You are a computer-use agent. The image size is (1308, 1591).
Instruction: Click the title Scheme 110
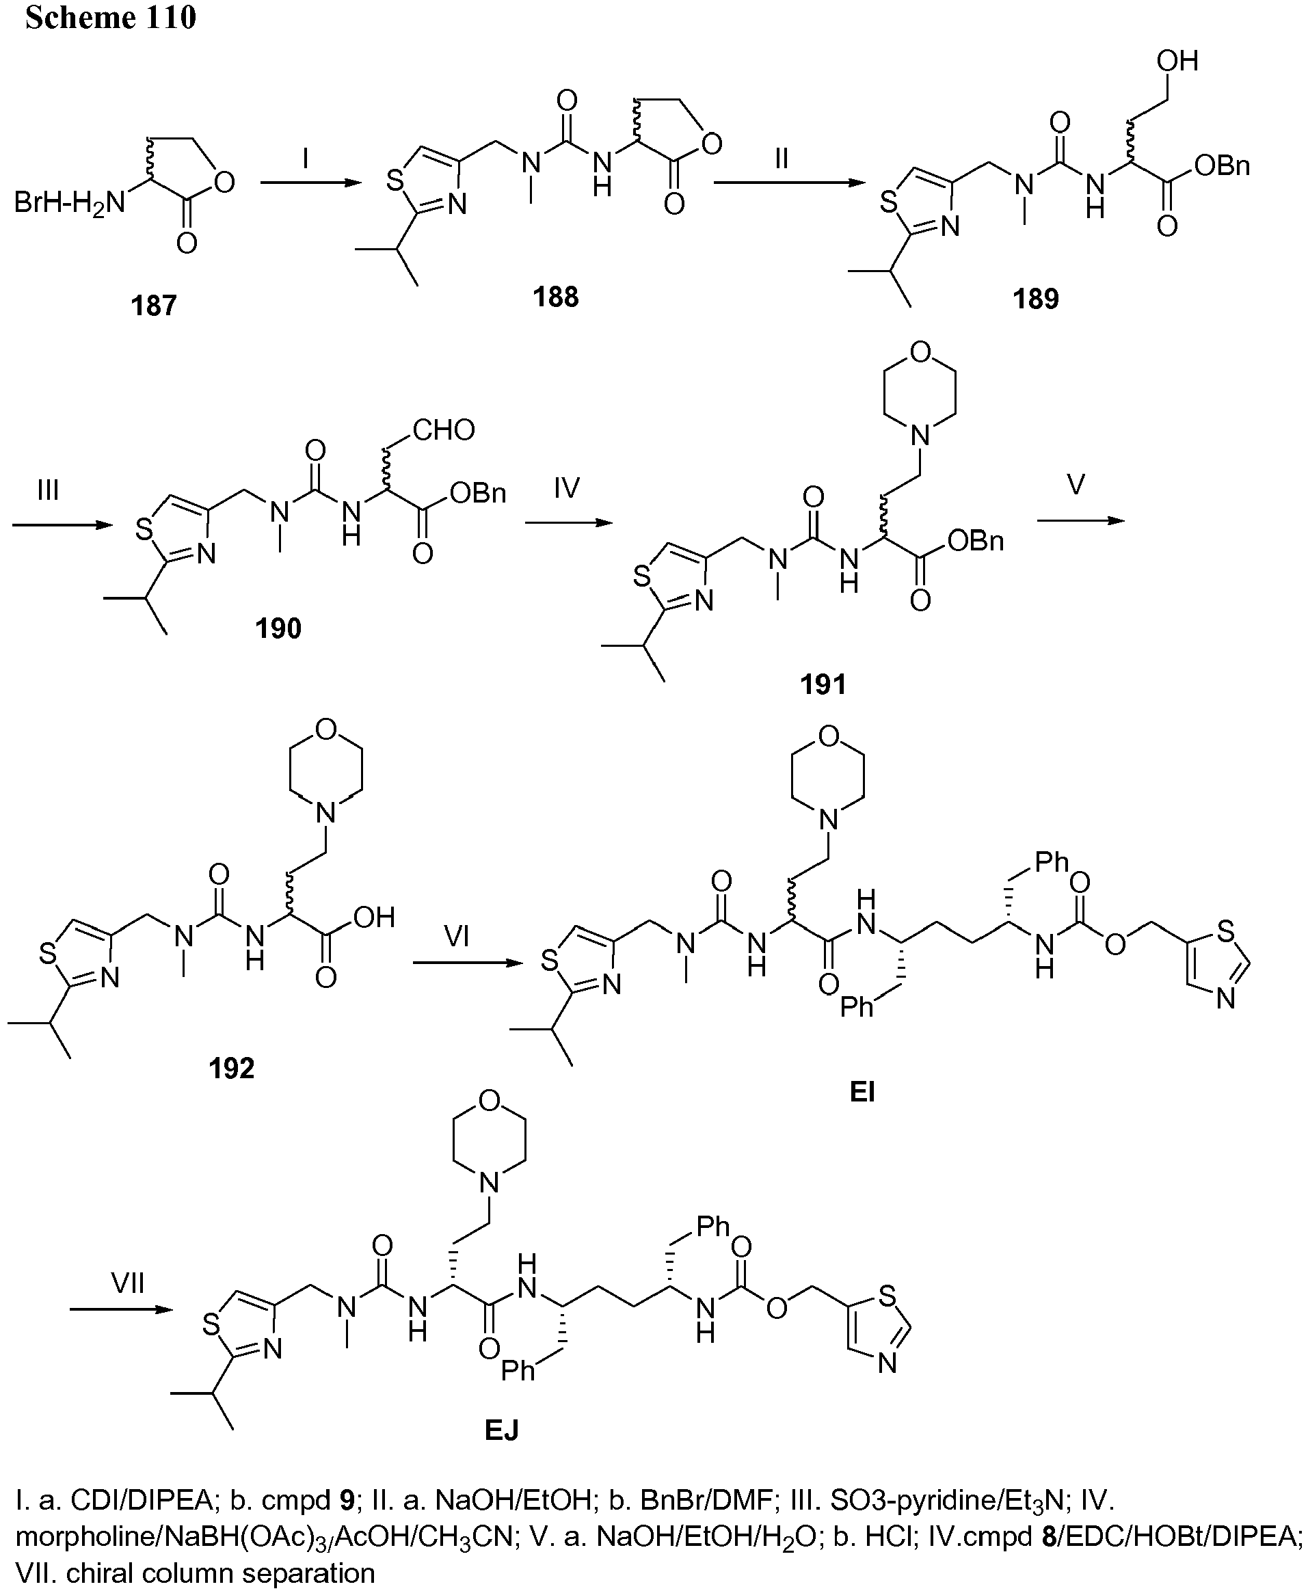tap(111, 17)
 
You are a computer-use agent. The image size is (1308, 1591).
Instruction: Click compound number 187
tap(154, 306)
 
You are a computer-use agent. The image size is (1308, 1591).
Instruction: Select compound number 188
tap(556, 297)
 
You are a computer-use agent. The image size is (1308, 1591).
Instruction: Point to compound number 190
tap(278, 628)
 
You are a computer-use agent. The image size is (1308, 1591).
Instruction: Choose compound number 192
tap(231, 1067)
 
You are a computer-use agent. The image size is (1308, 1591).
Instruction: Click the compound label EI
tap(862, 1092)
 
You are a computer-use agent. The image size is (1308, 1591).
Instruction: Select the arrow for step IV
tap(570, 521)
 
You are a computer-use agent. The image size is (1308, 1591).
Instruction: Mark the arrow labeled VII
tap(121, 1309)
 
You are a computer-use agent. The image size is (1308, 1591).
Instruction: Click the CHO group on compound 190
tap(444, 430)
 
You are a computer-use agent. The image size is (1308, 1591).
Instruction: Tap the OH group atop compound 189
tap(1177, 60)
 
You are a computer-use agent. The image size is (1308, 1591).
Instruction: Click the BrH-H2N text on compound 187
tap(70, 203)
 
